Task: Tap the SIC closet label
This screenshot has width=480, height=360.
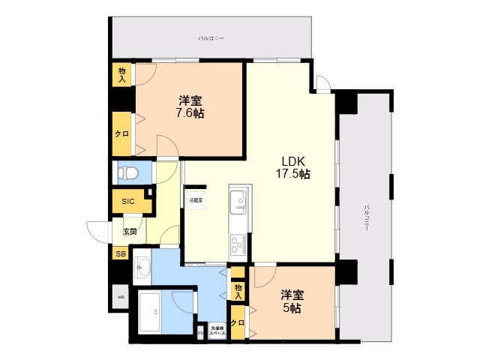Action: [x=128, y=201]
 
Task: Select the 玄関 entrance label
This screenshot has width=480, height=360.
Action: [x=130, y=232]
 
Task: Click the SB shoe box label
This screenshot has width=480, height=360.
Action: [x=120, y=254]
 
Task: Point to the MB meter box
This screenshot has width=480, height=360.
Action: [x=120, y=298]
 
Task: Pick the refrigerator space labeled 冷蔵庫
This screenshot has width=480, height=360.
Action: [x=196, y=201]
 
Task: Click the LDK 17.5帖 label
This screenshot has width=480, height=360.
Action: [x=295, y=166]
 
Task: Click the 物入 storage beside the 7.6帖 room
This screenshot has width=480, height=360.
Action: [x=121, y=73]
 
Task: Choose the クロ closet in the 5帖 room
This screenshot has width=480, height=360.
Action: [x=238, y=323]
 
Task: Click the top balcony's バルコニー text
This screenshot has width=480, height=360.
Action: [x=211, y=37]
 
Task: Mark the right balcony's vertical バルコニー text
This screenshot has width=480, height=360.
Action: [x=366, y=217]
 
